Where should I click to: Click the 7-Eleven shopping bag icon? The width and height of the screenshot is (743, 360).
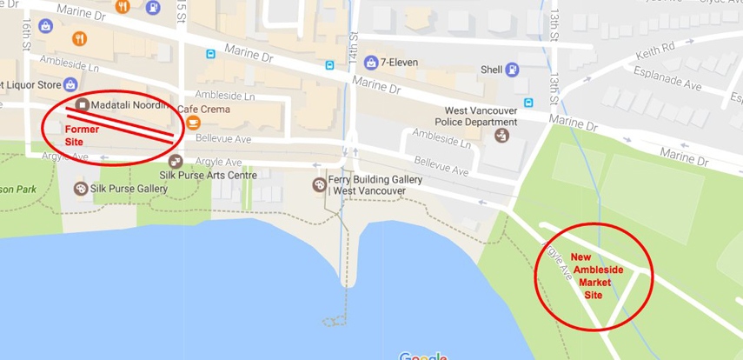[x=371, y=62]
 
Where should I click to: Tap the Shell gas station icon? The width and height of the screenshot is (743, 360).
[x=513, y=69]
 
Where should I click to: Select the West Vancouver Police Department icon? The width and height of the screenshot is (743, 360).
[x=501, y=135]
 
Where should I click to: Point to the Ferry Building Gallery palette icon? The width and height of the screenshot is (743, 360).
[x=319, y=184]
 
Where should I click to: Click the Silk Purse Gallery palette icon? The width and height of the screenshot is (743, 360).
[x=81, y=188]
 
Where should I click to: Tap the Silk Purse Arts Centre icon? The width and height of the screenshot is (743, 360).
[x=176, y=161]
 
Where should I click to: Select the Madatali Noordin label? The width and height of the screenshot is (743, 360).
[x=128, y=105]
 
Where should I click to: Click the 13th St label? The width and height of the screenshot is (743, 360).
[x=554, y=26]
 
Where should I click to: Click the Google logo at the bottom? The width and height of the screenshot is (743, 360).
[x=423, y=356]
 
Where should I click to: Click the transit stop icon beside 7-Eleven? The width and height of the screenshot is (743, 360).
[x=330, y=64]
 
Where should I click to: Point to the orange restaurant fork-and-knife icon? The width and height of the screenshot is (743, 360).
[x=80, y=38]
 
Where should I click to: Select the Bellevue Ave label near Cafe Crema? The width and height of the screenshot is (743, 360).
[x=223, y=138]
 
